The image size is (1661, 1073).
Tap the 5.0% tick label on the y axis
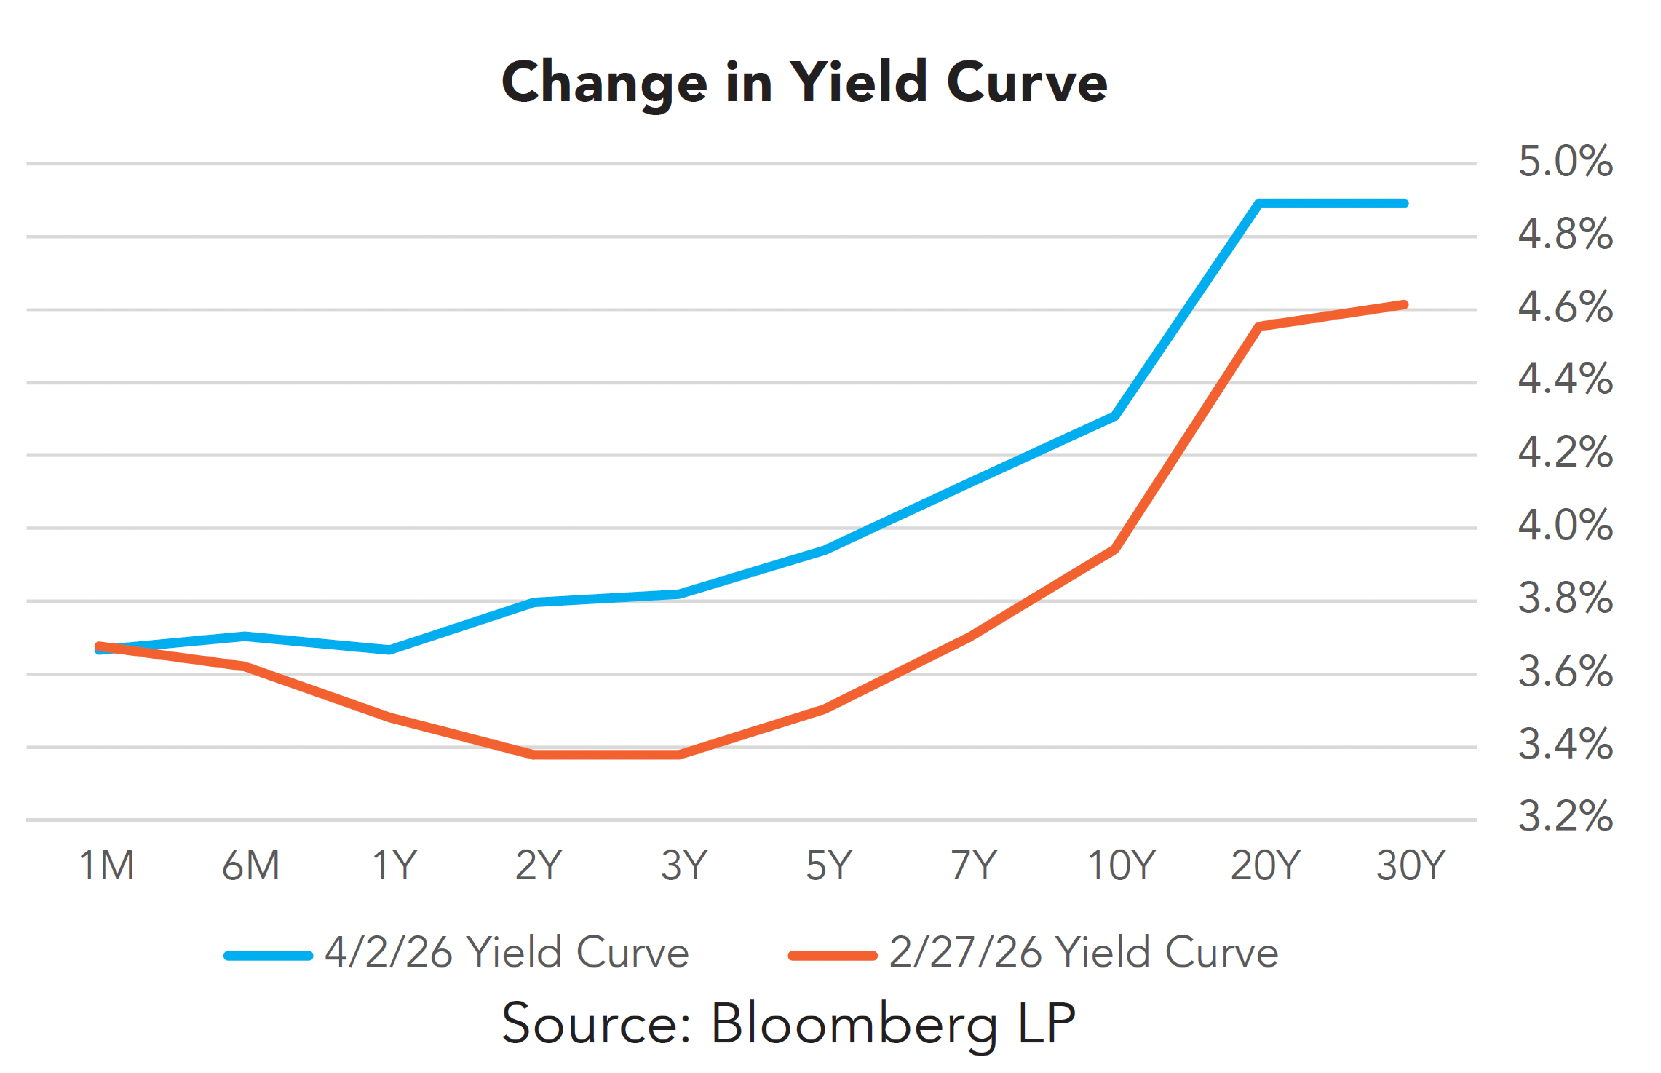pos(1565,162)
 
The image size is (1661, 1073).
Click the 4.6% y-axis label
pos(1565,307)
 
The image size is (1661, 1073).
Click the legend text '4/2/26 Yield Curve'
pos(507,952)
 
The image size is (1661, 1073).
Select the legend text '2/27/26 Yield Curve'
pos(1083,952)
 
